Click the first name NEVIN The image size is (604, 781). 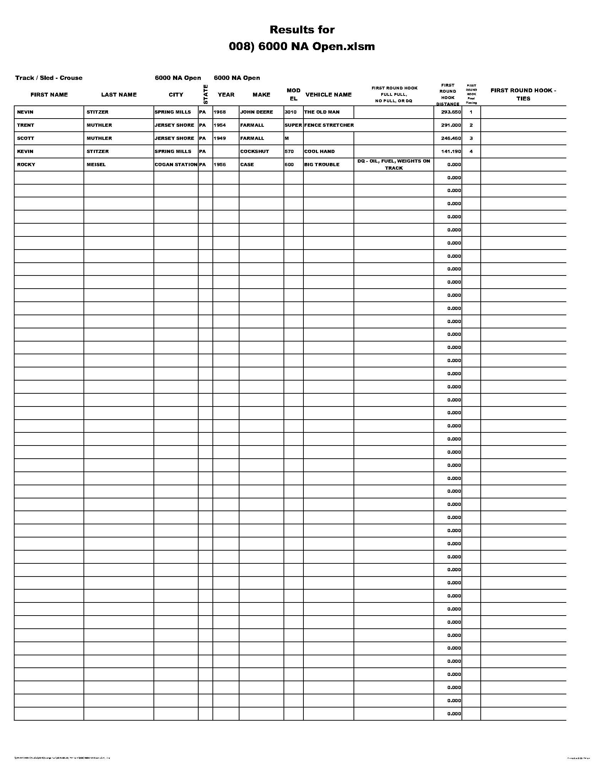25,112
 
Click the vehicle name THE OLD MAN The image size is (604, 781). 322,112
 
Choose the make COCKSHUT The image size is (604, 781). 254,151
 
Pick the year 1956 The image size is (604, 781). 220,164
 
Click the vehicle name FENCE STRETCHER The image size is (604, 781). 329,125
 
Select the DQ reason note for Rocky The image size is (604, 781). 394,164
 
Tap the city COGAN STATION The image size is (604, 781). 176,164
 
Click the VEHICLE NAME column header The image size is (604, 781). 329,95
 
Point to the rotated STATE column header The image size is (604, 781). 205,94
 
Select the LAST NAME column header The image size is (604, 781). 119,95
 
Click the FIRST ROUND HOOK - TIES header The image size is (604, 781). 523,94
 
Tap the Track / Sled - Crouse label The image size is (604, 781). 49,78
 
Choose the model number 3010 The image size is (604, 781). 291,112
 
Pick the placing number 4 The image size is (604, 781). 471,151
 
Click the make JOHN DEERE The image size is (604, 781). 257,112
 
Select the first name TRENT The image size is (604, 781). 26,125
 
